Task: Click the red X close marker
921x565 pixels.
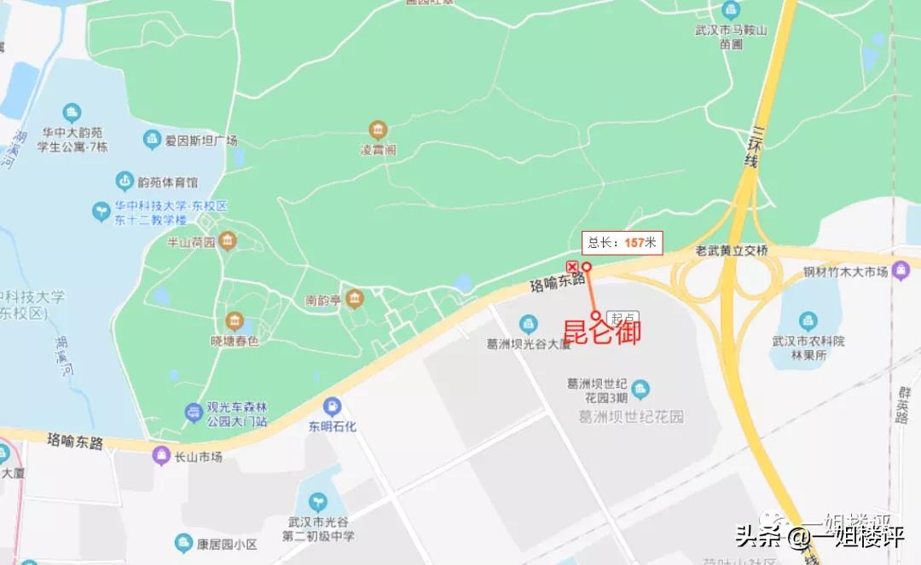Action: pyautogui.click(x=571, y=267)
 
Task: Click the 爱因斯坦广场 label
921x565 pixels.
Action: pyautogui.click(x=201, y=141)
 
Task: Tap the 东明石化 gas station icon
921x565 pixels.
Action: pyautogui.click(x=333, y=406)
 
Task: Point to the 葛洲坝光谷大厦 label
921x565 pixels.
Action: pyautogui.click(x=528, y=344)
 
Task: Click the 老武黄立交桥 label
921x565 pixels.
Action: pyautogui.click(x=732, y=251)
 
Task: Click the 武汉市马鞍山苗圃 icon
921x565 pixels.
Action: pyautogui.click(x=731, y=11)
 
